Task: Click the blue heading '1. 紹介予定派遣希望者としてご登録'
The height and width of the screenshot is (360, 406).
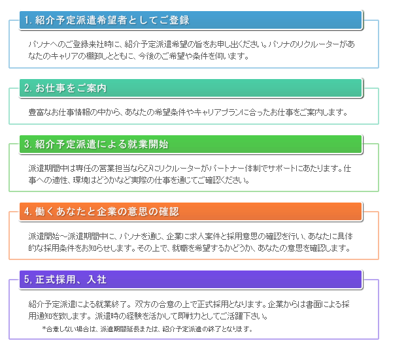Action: [107, 20]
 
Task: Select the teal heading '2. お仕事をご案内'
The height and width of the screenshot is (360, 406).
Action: [65, 88]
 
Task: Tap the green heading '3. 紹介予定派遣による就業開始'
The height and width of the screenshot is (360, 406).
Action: [96, 144]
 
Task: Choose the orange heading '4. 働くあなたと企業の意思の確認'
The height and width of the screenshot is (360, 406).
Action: [101, 212]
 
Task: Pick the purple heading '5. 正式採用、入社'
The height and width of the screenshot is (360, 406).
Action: [65, 280]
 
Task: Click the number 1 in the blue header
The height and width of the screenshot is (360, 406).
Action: [27, 20]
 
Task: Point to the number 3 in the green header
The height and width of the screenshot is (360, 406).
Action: [27, 144]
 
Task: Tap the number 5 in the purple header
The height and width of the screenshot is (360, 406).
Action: [27, 280]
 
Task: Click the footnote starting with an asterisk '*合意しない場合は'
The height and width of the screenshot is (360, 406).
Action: [147, 329]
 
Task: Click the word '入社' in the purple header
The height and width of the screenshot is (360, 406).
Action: [97, 280]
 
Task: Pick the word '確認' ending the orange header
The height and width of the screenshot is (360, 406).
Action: [169, 212]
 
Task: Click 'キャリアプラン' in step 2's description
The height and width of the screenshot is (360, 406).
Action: [216, 112]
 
